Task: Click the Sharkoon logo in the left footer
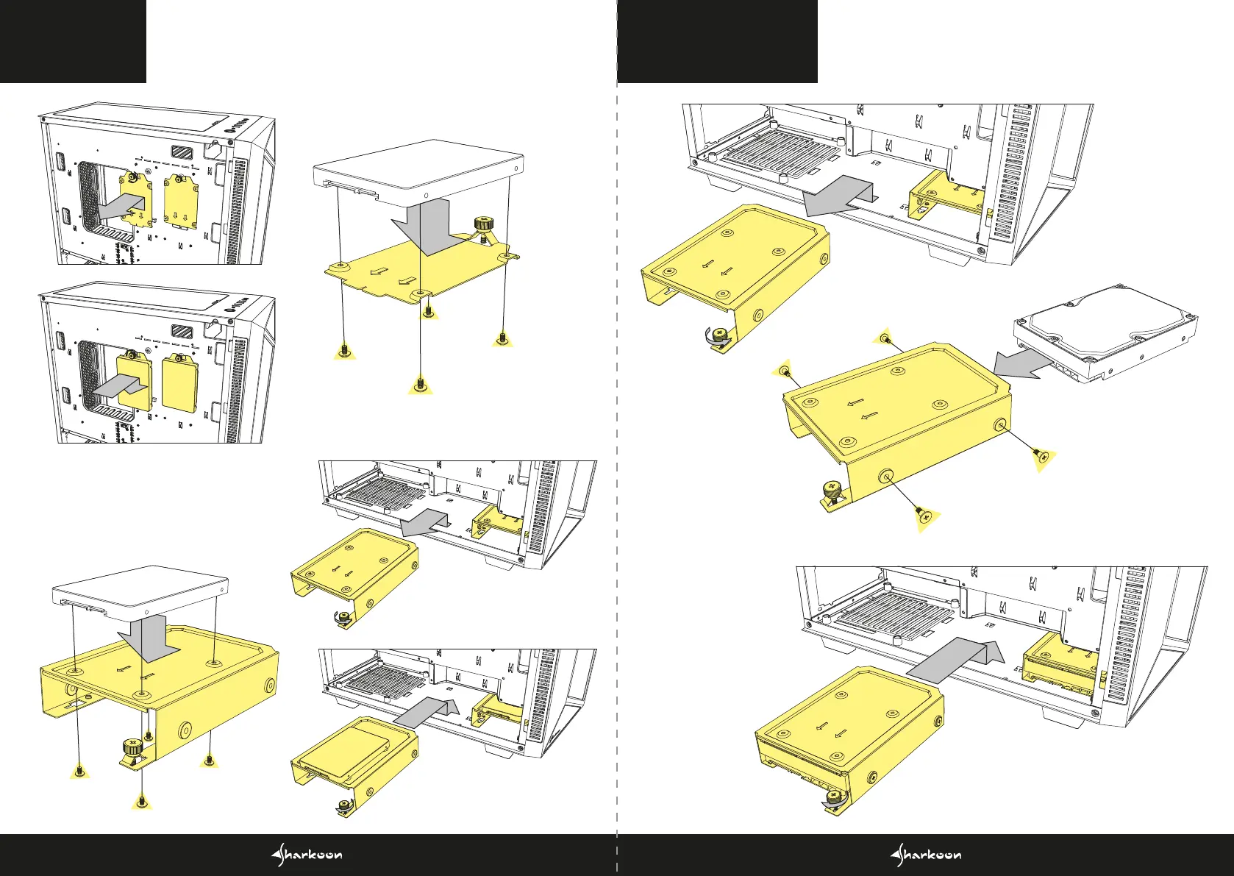click(x=307, y=855)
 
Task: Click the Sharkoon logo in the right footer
click(x=926, y=855)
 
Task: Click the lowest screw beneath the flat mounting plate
click(x=420, y=383)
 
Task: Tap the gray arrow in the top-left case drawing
click(x=122, y=206)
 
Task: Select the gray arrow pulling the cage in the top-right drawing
click(x=838, y=195)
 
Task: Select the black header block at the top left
click(x=73, y=41)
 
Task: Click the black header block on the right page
click(x=717, y=41)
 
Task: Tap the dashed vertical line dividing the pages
click(x=616, y=441)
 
